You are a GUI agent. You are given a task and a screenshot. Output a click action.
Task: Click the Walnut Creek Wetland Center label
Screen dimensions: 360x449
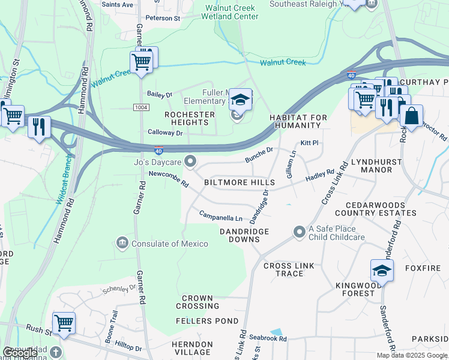231,12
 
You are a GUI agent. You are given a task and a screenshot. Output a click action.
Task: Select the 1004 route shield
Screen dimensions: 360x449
140,107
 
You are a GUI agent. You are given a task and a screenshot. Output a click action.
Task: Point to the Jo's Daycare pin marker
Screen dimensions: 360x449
191,161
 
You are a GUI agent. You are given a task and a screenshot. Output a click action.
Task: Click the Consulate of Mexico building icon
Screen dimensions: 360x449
122,243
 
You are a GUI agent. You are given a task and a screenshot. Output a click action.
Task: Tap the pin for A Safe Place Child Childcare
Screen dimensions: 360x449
299,232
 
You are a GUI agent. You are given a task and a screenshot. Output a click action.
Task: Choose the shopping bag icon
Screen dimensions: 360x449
412,116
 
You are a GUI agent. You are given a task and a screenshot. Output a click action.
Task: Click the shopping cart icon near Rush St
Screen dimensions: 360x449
64,323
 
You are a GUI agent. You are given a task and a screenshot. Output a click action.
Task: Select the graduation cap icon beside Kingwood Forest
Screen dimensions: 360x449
382,271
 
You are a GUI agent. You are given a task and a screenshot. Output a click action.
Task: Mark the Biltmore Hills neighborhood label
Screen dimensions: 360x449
239,182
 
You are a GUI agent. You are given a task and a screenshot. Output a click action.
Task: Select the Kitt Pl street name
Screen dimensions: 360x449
309,143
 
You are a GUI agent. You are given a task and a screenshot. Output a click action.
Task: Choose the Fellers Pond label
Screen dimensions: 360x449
207,321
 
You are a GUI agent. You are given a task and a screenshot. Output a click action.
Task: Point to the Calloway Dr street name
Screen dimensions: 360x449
165,133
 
